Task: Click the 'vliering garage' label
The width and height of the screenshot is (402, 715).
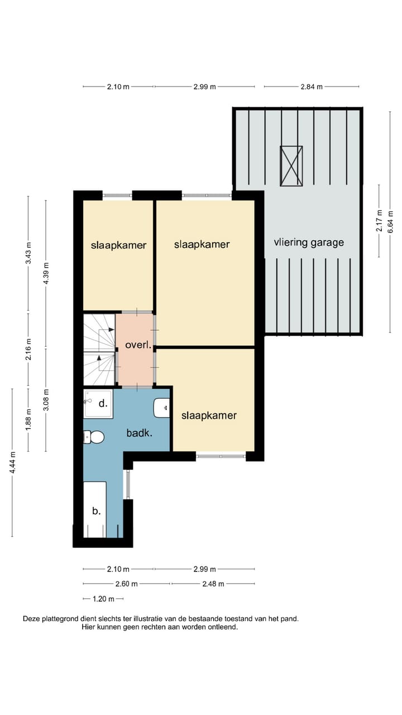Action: pos(309,242)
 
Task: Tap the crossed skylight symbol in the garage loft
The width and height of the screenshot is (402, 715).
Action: pos(291,166)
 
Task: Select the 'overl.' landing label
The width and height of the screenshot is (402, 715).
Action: pos(138,345)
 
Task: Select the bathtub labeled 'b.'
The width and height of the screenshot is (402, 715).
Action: pos(95,510)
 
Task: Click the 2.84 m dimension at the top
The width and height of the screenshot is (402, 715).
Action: pos(312,87)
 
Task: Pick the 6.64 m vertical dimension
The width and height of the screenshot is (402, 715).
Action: pos(390,221)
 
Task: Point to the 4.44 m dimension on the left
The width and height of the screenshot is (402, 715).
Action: pos(12,463)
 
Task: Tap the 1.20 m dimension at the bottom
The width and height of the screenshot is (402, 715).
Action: pos(103,599)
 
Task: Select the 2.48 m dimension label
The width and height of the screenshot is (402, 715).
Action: pos(213,584)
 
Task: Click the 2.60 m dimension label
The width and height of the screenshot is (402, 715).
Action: pos(126,584)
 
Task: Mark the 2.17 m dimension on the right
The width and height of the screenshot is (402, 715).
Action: pos(379,221)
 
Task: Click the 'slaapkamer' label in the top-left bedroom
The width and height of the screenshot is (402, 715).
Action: pos(119,245)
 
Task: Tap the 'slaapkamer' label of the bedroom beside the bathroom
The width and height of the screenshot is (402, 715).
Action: pos(209,416)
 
